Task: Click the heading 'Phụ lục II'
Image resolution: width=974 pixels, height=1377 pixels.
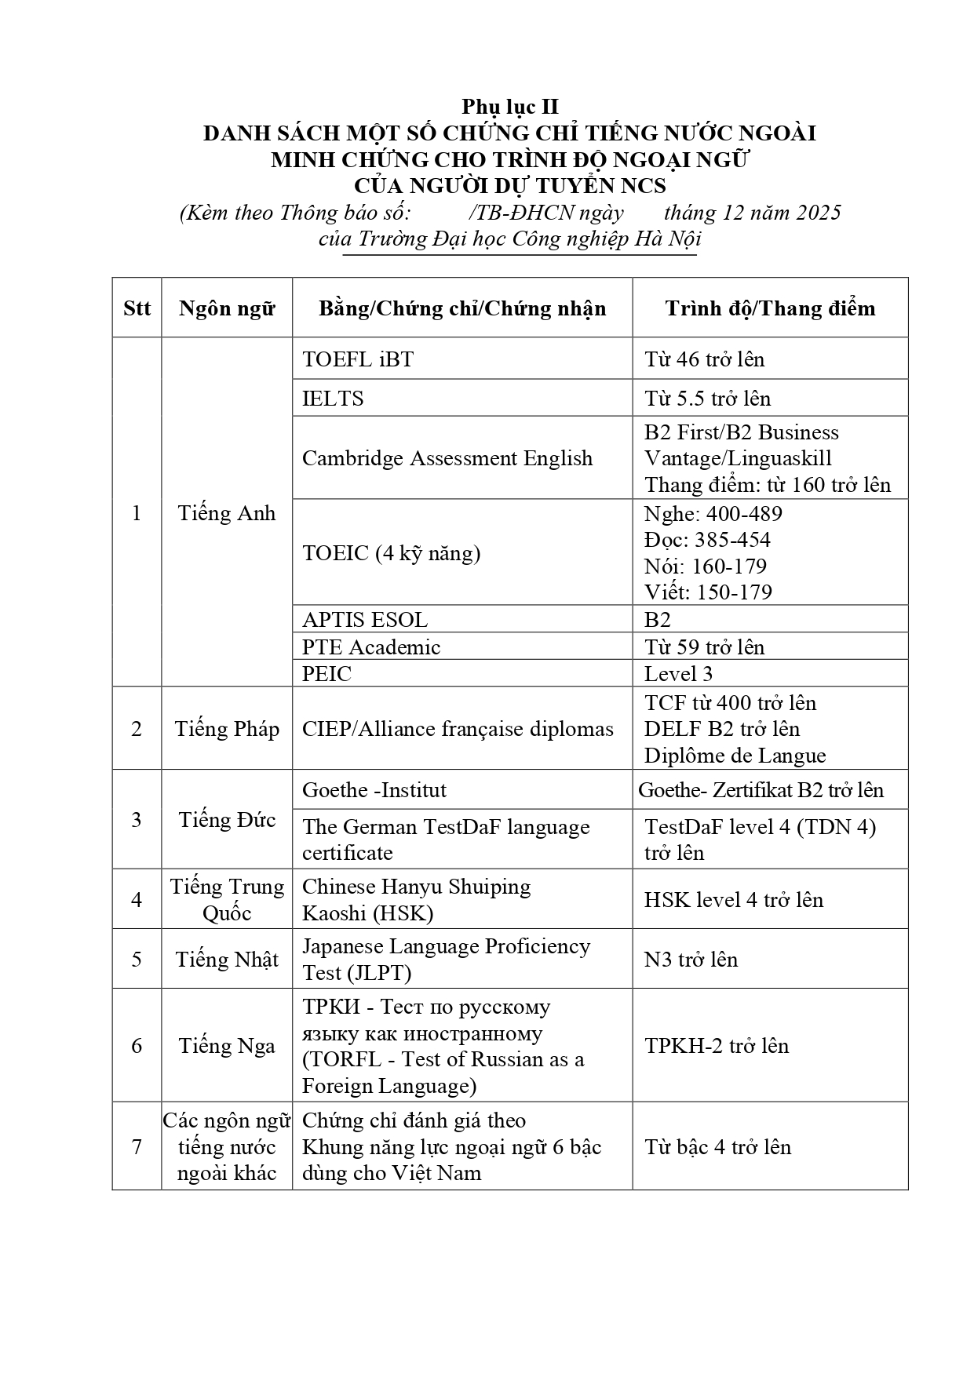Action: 509,107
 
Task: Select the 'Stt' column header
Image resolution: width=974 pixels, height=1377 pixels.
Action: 137,308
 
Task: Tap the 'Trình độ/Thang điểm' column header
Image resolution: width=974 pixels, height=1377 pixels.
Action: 770,308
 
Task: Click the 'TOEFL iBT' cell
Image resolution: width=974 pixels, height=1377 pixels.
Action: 358,359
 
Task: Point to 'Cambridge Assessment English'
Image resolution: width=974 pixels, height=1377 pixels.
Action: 447,458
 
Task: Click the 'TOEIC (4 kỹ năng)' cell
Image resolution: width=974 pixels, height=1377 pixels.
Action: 391,553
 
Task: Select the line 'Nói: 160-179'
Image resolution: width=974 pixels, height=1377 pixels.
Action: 705,566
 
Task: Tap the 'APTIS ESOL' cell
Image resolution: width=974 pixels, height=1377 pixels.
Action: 365,620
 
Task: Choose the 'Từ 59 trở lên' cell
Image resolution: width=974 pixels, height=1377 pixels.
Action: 704,647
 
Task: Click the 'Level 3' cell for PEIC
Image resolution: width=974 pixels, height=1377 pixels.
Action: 678,674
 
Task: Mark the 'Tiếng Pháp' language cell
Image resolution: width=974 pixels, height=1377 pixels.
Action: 227,729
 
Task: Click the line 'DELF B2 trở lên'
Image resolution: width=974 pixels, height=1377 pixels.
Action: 721,729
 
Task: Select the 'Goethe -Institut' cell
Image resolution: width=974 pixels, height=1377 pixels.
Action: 374,790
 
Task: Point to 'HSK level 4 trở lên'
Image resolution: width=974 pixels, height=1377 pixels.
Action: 734,899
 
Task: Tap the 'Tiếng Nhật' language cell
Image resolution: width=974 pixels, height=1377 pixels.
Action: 227,960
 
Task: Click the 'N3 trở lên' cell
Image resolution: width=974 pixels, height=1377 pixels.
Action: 691,960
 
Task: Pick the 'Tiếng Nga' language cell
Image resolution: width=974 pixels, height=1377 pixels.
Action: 227,1046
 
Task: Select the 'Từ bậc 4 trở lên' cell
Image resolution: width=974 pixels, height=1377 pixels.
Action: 717,1147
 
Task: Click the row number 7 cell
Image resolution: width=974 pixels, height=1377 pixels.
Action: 137,1147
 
